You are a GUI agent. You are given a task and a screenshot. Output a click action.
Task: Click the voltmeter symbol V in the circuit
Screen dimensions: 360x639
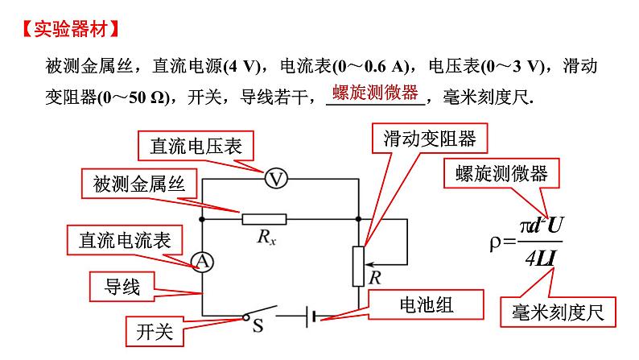(276, 179)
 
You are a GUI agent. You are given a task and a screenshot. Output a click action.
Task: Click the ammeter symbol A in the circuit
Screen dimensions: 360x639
(202, 261)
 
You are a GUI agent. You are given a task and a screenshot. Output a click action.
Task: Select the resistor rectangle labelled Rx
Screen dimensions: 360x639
(264, 217)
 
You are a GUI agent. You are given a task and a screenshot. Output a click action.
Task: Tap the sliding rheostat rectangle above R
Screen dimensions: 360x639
(359, 265)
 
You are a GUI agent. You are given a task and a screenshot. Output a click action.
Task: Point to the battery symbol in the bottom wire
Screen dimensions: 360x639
(311, 317)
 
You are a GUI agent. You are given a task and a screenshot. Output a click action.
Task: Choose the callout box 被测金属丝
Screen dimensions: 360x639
(138, 184)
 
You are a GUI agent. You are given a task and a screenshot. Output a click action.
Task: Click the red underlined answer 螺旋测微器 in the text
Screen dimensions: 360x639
(376, 93)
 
